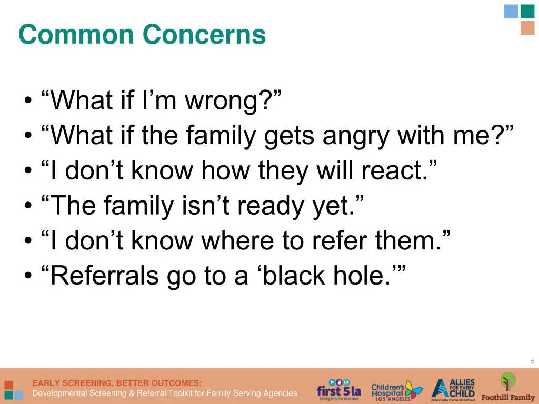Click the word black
click(x=296, y=276)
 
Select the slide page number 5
click(x=532, y=361)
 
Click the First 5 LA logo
click(x=339, y=390)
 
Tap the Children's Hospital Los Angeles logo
click(x=396, y=391)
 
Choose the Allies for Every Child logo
click(x=453, y=390)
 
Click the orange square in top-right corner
click(x=527, y=28)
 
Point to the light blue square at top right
click(x=511, y=12)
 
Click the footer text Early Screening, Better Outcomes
click(x=117, y=383)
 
